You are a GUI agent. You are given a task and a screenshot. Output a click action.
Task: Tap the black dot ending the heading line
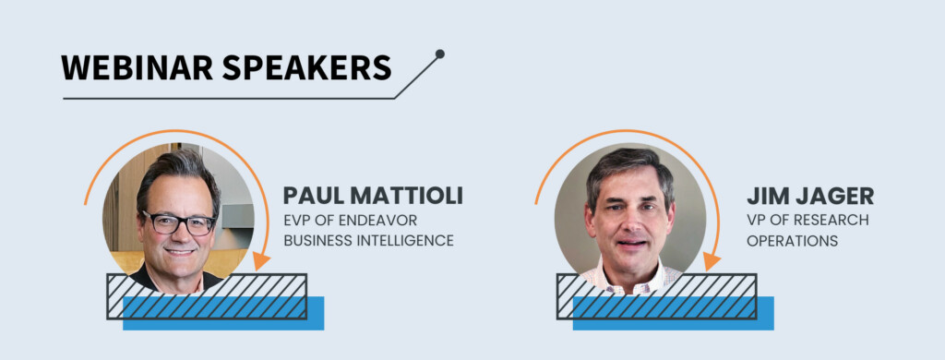click(439, 54)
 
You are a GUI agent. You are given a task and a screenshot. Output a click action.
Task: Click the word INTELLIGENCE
click(403, 241)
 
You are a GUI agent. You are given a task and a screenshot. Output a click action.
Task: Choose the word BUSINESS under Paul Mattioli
click(317, 241)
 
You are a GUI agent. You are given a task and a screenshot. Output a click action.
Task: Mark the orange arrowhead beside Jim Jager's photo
click(711, 262)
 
